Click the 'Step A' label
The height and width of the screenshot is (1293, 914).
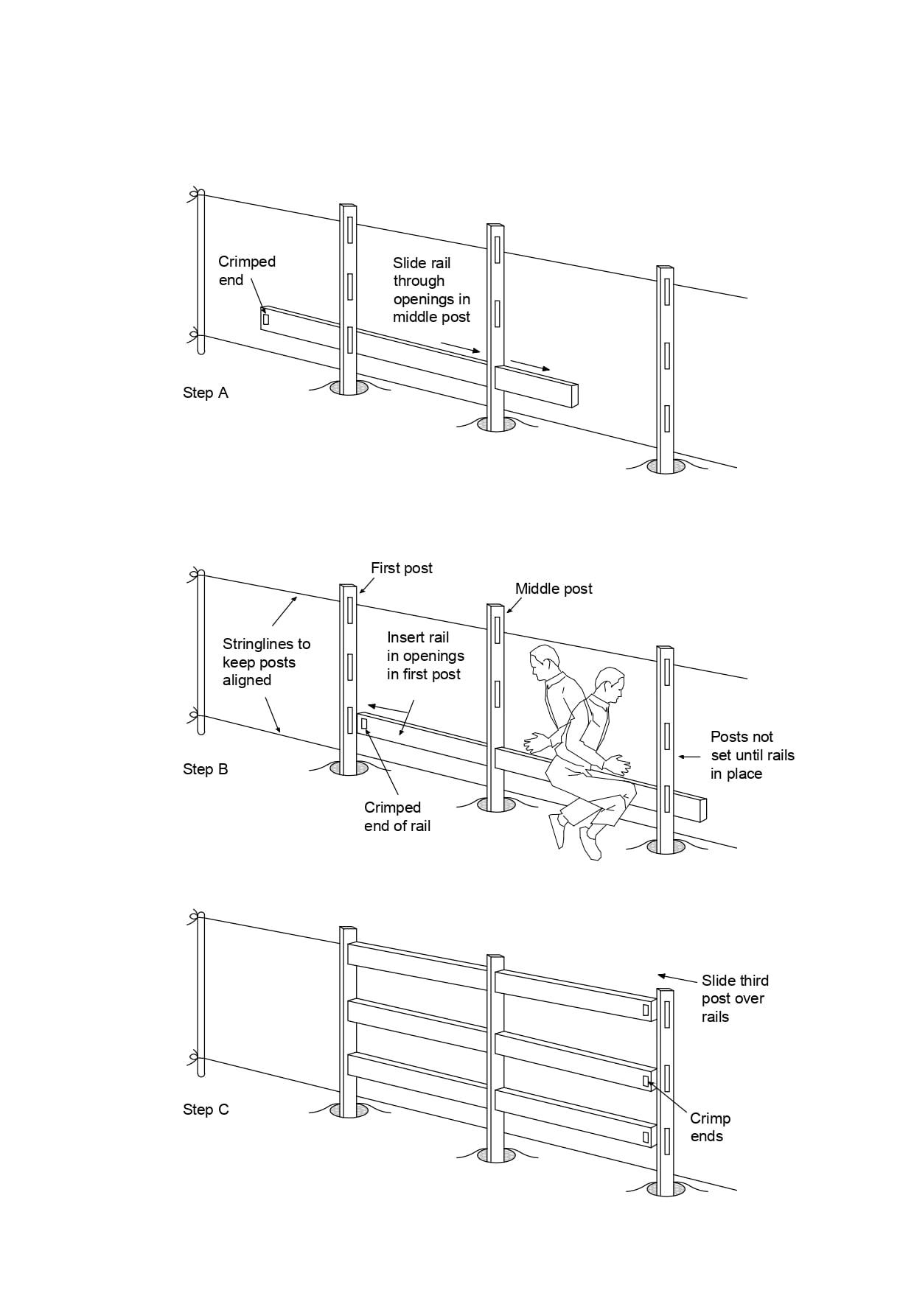(206, 393)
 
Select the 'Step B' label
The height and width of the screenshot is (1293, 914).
(206, 769)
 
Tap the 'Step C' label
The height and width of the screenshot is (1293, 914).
(206, 1110)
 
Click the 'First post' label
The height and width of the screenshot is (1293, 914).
(401, 568)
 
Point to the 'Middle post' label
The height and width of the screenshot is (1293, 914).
(554, 589)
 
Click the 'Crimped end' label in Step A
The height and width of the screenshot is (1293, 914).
(246, 270)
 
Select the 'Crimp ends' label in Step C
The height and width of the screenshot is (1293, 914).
(710, 1127)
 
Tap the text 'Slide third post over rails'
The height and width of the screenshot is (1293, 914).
(734, 998)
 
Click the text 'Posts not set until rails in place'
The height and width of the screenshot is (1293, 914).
(752, 755)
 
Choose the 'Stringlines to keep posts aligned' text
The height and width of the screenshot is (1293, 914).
(266, 662)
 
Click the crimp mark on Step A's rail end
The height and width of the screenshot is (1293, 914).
(266, 319)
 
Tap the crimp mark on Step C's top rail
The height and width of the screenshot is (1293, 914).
(646, 1010)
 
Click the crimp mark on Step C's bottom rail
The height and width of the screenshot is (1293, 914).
(646, 1137)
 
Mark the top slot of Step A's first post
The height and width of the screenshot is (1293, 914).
(350, 228)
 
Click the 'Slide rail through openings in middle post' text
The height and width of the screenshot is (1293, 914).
(431, 290)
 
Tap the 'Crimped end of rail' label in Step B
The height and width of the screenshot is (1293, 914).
(397, 816)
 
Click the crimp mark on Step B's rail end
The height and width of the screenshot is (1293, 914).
(363, 723)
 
